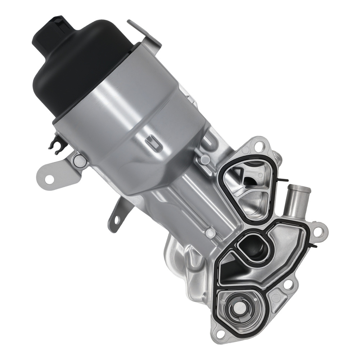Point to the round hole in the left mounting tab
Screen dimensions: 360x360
click(x=49, y=179)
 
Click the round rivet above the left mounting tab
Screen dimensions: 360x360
click(x=80, y=161)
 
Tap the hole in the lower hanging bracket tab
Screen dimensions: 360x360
click(x=116, y=219)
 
